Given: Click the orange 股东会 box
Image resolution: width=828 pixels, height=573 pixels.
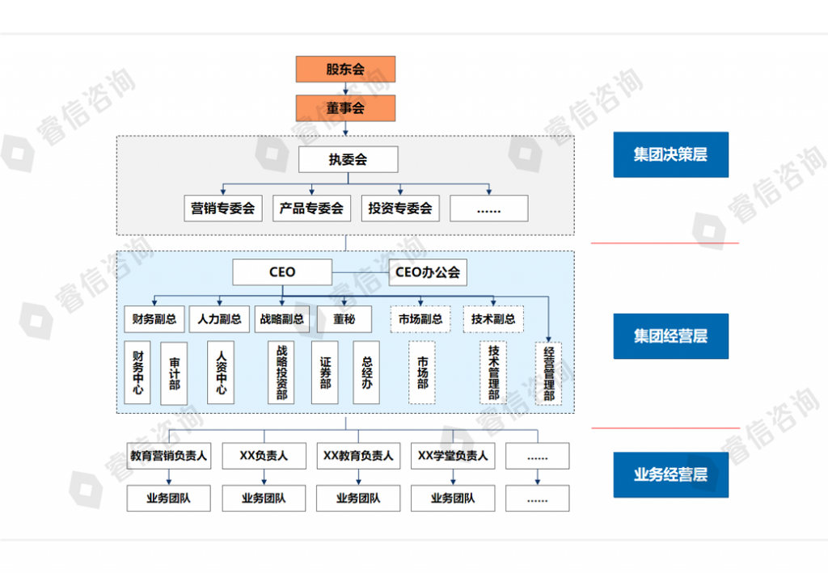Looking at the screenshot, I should [345, 69].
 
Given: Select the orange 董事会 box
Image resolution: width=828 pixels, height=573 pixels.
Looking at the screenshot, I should [345, 107].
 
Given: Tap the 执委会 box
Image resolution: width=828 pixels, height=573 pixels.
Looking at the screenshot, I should [348, 159].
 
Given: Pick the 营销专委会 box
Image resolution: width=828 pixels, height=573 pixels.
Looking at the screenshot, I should [222, 208].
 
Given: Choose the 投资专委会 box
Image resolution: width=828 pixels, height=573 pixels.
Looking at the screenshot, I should [400, 208].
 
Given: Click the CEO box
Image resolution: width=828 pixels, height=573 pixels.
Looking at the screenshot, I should [282, 272].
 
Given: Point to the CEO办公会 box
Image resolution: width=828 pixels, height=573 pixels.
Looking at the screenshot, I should [428, 272].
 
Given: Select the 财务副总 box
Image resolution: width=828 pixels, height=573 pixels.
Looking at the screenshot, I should [154, 318].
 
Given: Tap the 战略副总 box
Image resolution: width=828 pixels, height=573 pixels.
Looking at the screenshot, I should [281, 318].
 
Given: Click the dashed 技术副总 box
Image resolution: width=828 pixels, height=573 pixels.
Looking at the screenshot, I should [493, 318].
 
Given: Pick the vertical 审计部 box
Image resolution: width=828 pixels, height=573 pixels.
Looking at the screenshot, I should [175, 373].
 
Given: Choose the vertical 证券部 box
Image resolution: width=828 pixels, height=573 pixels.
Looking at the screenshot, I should [325, 373].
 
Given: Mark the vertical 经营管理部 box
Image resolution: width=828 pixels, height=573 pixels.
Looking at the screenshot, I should [549, 373].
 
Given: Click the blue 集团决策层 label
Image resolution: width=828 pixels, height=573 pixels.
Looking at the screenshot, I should [670, 154].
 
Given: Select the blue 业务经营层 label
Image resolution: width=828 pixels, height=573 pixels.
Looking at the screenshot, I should [670, 474].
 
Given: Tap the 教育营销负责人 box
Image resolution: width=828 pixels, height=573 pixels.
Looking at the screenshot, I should [168, 456].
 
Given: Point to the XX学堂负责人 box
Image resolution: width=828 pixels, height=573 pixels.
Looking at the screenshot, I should [453, 456].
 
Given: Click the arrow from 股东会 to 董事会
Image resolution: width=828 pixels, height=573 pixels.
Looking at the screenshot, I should [345, 89].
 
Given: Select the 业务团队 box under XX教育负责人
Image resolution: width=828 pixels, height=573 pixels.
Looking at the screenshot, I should [358, 499].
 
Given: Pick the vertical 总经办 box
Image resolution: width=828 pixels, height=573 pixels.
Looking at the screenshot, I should [366, 373].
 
